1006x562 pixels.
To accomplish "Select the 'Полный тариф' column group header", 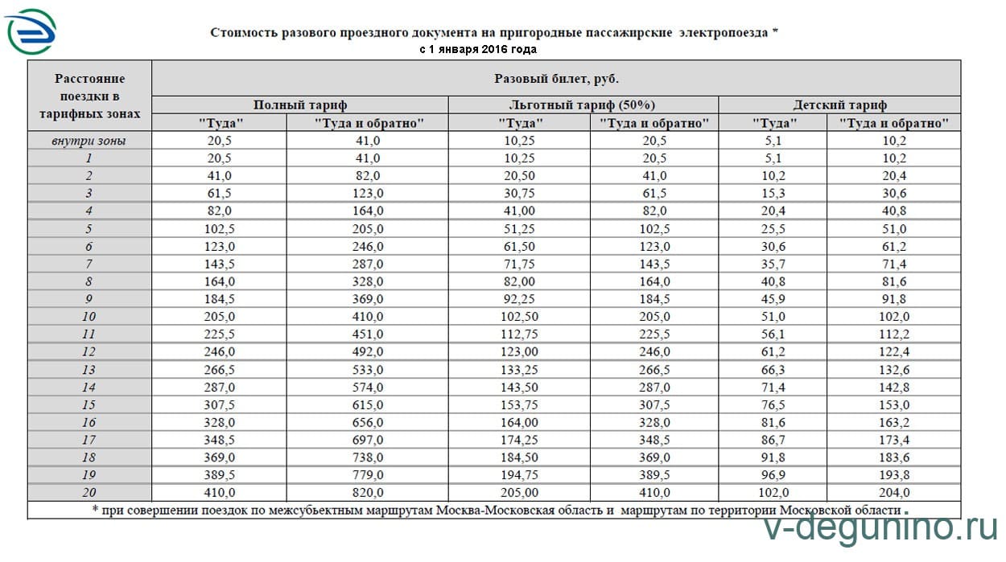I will [300, 105].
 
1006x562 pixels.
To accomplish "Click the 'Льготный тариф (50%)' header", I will [583, 105].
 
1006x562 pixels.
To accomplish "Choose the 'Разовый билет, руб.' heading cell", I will [555, 78].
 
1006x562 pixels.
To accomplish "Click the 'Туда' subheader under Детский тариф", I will [774, 123].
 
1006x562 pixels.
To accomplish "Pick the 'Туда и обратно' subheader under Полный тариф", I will [369, 123].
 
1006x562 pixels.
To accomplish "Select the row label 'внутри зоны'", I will [89, 141].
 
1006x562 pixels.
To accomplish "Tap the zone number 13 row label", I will [89, 369].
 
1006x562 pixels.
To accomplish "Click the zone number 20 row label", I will [89, 492].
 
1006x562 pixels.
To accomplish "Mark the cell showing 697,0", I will [368, 440].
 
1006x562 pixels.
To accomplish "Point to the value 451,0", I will [368, 334].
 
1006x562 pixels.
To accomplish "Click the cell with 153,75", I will [520, 404].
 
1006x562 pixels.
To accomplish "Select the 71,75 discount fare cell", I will [520, 264].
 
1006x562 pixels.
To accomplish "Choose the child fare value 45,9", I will [774, 299].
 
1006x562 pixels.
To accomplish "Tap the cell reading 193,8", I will [895, 474].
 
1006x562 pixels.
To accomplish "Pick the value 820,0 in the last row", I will [368, 492].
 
